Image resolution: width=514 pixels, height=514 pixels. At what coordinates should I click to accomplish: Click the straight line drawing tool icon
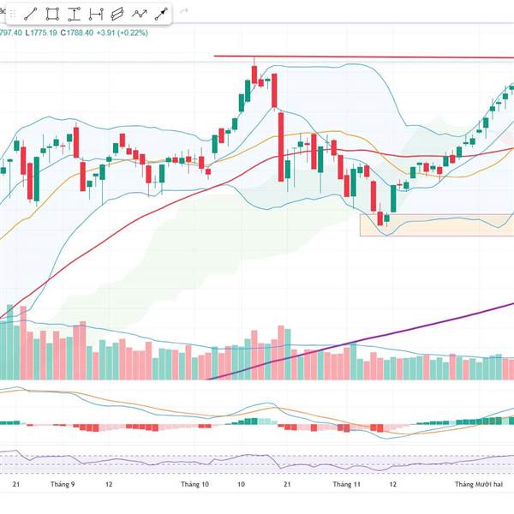click(31, 14)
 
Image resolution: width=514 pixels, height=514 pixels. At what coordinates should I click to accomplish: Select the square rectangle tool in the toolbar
click(53, 14)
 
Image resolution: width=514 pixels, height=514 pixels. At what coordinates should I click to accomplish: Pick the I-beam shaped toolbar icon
click(75, 14)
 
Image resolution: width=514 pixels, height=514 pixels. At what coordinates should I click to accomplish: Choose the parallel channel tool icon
click(117, 14)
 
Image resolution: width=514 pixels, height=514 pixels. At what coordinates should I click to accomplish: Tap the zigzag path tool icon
click(139, 14)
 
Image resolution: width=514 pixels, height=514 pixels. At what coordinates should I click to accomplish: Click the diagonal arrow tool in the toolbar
click(160, 14)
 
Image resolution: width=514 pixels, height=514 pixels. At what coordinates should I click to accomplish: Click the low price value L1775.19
click(42, 33)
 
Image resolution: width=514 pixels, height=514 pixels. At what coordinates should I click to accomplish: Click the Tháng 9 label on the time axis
click(63, 485)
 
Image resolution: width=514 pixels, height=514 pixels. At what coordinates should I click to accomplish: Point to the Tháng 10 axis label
click(194, 485)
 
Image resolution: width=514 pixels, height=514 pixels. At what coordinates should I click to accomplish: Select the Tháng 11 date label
click(348, 485)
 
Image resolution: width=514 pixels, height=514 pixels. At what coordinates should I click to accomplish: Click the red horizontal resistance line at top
click(360, 57)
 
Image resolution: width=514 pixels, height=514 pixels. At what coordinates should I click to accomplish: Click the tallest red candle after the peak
click(281, 146)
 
